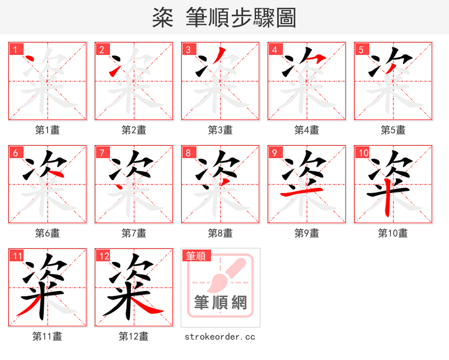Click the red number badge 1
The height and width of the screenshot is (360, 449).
(16, 49)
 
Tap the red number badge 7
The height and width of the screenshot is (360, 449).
(102, 153)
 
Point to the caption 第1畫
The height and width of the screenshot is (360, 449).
(48, 130)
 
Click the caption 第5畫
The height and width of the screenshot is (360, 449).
(393, 130)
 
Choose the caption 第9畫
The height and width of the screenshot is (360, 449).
(306, 233)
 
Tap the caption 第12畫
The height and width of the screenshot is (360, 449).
(134, 336)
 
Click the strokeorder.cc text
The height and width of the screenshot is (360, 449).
(220, 336)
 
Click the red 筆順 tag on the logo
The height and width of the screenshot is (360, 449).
(196, 256)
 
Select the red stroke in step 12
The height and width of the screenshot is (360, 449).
(149, 306)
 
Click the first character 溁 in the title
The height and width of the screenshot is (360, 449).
(163, 18)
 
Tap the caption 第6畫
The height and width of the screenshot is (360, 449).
(48, 233)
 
